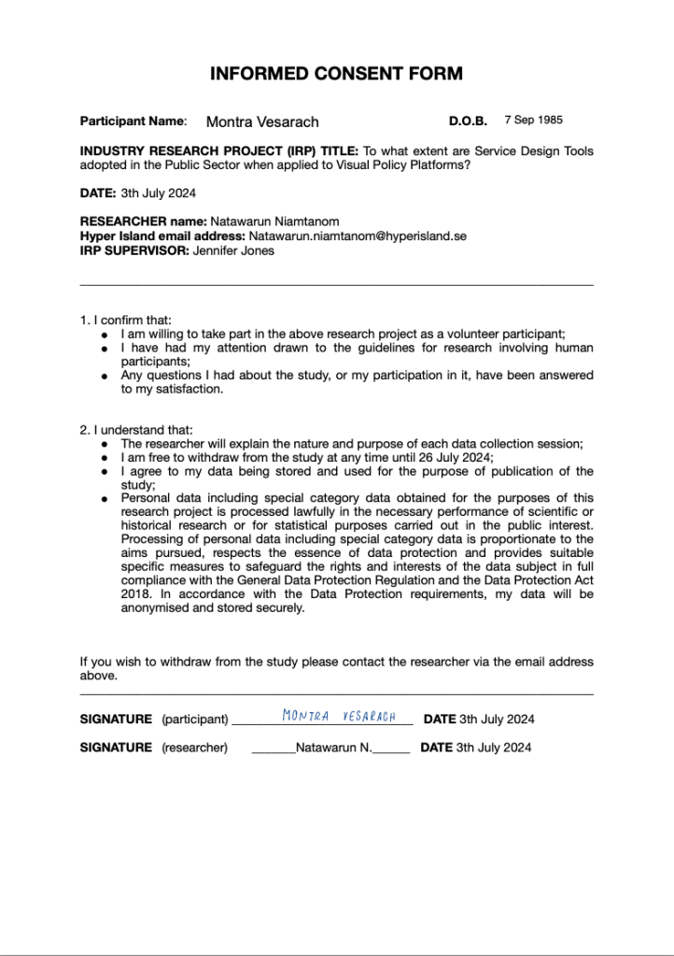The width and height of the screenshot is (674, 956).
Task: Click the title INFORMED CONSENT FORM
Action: click(336, 74)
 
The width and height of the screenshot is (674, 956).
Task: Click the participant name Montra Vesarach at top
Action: click(262, 121)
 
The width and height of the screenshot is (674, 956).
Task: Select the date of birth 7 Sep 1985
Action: click(533, 121)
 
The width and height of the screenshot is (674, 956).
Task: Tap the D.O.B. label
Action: click(468, 121)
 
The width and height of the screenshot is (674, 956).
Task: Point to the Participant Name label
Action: click(133, 121)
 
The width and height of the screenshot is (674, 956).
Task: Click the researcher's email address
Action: click(358, 237)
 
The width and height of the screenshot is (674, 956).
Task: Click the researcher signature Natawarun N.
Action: click(333, 748)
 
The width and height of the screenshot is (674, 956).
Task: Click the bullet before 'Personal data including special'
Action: click(106, 499)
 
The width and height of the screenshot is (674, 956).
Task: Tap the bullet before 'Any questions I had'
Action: click(106, 376)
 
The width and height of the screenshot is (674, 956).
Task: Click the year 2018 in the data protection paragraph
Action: click(135, 593)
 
